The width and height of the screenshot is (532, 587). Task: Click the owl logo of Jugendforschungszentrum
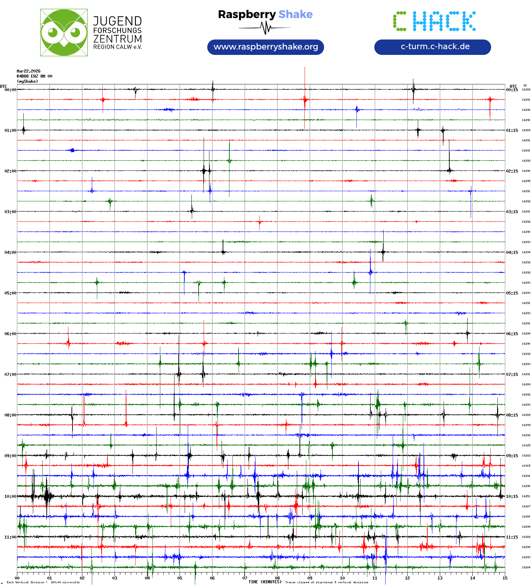(x=64, y=33)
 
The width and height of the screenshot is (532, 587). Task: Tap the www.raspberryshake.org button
(x=266, y=47)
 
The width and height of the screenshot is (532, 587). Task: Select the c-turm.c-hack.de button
(x=432, y=47)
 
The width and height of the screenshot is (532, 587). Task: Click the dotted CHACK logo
(x=434, y=21)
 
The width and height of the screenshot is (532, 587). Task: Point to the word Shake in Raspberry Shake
(x=295, y=14)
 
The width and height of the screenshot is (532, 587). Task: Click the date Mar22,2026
(x=28, y=71)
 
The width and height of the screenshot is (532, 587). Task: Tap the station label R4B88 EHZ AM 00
(x=34, y=76)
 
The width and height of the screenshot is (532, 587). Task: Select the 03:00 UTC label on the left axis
(x=10, y=212)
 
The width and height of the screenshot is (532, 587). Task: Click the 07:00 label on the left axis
(x=10, y=375)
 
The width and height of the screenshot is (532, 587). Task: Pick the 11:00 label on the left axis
(x=10, y=537)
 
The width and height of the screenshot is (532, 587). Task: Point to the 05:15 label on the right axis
(x=512, y=293)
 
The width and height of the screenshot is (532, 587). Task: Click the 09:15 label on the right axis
(x=512, y=456)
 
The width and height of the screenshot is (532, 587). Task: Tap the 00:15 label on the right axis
(x=512, y=90)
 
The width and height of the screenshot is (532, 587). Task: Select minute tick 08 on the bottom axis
(x=277, y=578)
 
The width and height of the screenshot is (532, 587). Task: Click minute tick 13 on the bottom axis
(x=440, y=578)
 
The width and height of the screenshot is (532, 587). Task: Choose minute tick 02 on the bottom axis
(x=82, y=578)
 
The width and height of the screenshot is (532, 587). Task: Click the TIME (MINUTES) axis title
(x=265, y=582)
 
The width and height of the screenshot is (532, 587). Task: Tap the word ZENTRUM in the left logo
(x=117, y=39)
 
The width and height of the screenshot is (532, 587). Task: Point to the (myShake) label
(x=27, y=81)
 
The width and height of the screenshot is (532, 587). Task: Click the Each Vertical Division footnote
(x=43, y=583)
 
